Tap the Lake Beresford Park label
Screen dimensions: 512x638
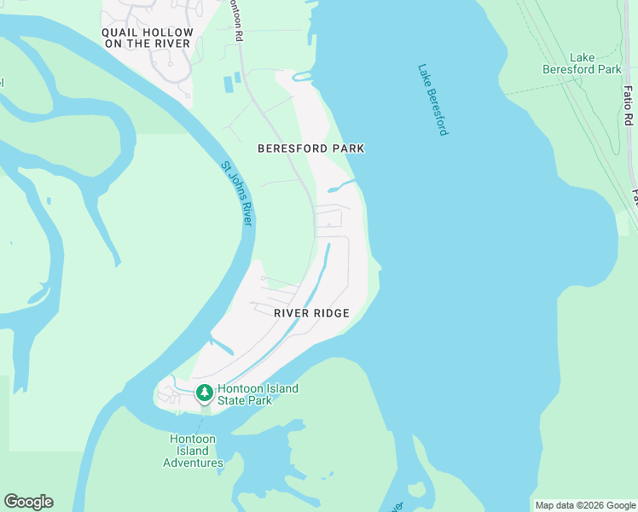pyautogui.click(x=583, y=63)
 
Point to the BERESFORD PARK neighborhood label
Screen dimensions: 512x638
pyautogui.click(x=311, y=148)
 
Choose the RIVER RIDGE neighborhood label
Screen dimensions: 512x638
pyautogui.click(x=311, y=313)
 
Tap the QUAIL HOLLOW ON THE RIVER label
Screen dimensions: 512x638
pyautogui.click(x=148, y=38)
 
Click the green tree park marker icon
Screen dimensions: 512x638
pyautogui.click(x=204, y=393)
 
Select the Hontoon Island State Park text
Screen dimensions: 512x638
pyautogui.click(x=258, y=394)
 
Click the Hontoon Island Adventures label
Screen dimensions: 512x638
pyautogui.click(x=193, y=451)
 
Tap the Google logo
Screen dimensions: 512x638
pyautogui.click(x=28, y=502)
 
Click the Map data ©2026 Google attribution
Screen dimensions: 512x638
pyautogui.click(x=584, y=505)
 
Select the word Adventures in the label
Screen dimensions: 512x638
pyautogui.click(x=193, y=463)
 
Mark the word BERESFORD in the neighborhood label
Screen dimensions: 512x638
pyautogui.click(x=293, y=148)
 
